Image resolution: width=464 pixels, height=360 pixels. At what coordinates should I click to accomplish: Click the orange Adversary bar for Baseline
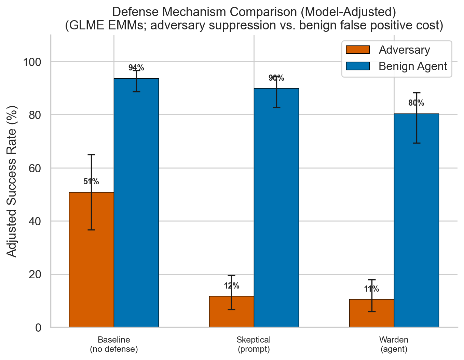(91, 260)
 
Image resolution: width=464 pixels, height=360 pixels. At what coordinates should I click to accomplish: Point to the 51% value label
(91, 182)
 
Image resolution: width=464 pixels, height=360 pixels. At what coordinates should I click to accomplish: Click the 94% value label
(136, 68)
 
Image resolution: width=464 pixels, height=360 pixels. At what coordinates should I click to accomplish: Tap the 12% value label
(231, 286)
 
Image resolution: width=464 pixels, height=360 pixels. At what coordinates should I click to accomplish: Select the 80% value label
(416, 103)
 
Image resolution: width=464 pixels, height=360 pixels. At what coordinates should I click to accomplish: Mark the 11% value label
(371, 289)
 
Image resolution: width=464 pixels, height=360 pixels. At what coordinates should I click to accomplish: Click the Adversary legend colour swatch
(357, 50)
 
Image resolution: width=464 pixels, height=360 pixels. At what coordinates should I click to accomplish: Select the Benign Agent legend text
(413, 66)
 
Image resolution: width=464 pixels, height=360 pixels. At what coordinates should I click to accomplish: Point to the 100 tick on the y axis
(32, 62)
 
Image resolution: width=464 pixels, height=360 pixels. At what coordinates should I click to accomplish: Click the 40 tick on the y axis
(34, 221)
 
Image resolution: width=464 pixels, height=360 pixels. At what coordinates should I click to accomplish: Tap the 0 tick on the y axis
(38, 328)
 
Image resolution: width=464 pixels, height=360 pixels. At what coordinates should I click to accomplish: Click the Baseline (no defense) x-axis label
(114, 344)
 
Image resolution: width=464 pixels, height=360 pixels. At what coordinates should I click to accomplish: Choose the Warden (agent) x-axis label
(394, 344)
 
